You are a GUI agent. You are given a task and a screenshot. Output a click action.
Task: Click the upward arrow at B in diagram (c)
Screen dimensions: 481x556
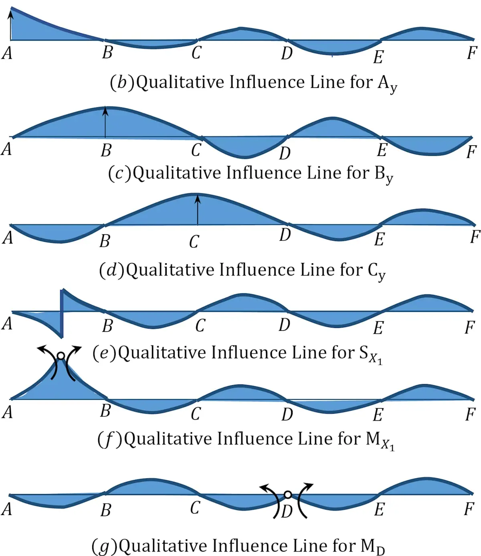point(105,122)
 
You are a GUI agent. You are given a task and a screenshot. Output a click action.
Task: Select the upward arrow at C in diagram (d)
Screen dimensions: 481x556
point(198,210)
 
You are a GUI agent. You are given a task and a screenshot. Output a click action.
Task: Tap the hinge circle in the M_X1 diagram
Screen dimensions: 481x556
point(61,356)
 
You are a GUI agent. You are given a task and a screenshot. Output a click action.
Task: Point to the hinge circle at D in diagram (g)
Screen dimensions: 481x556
point(288,495)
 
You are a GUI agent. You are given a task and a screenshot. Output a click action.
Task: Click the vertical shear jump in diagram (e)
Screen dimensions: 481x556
point(62,313)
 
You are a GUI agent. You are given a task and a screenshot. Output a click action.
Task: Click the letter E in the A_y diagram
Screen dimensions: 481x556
point(378,57)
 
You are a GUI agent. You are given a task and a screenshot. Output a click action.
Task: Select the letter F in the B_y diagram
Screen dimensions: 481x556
point(471,152)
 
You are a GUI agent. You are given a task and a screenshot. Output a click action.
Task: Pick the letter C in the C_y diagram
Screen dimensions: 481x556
point(194,241)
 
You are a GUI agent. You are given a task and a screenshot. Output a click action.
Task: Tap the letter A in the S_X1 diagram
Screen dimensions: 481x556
point(7,323)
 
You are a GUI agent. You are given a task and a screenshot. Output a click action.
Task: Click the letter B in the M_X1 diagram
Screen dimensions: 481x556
point(105,410)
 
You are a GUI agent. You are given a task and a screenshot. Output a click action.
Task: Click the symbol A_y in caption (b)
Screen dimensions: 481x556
point(387,84)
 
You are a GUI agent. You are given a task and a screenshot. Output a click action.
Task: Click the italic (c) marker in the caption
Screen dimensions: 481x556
point(119,173)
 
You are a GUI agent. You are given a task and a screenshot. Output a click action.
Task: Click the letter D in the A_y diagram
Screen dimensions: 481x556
point(287,53)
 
